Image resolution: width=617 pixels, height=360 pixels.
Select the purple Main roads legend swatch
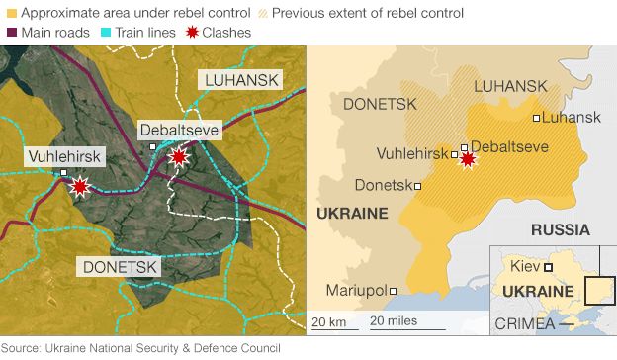11,33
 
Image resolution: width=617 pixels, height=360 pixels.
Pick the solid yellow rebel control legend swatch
11,14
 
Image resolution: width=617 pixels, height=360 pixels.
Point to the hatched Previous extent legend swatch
261,14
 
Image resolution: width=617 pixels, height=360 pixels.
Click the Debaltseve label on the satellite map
179,131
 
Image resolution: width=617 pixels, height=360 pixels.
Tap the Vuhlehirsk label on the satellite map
60,156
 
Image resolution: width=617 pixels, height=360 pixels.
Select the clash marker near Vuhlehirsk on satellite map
80,185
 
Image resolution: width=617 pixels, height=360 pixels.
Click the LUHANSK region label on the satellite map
241,80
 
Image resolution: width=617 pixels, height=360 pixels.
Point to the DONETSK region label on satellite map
121,267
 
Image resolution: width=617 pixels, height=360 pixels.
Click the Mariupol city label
357,291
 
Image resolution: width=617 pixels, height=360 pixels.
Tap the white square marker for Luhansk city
537,119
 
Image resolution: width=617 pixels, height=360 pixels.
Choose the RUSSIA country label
560,230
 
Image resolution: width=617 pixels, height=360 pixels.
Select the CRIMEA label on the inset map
523,323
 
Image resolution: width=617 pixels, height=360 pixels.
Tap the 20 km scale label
329,321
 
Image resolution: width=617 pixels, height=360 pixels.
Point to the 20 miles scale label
393,321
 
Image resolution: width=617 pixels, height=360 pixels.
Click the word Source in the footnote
22,348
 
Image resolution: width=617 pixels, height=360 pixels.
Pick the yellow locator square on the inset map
598,290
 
